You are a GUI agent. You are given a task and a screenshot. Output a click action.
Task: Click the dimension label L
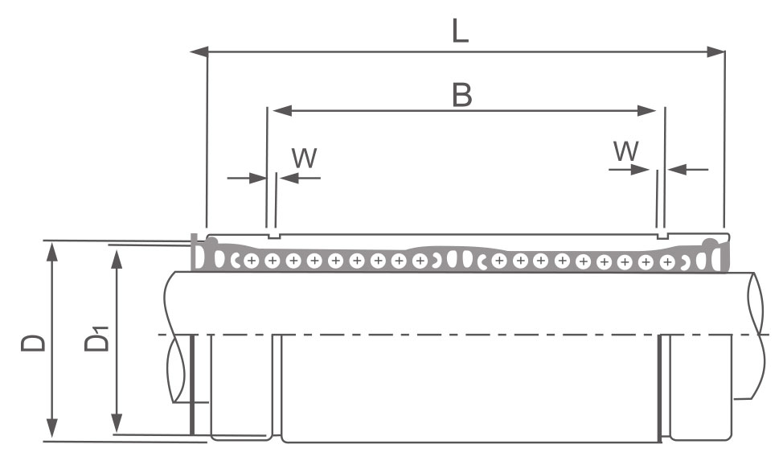(x=459, y=30)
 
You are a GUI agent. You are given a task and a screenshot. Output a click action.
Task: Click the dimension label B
(x=461, y=95)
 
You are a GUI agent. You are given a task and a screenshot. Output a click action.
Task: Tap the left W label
(x=304, y=158)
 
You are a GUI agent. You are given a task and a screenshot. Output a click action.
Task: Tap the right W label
(x=626, y=150)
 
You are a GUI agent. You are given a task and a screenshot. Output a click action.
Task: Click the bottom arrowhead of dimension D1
(x=117, y=424)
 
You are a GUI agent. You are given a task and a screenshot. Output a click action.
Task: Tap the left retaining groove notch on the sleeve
(x=273, y=237)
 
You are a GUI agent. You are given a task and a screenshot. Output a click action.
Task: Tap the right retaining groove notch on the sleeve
(x=662, y=237)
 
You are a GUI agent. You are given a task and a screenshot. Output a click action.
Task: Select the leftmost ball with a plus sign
(x=252, y=261)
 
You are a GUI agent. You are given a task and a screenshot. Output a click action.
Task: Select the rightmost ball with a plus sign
(x=666, y=262)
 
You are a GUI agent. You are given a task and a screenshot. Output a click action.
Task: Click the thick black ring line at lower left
(x=191, y=386)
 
